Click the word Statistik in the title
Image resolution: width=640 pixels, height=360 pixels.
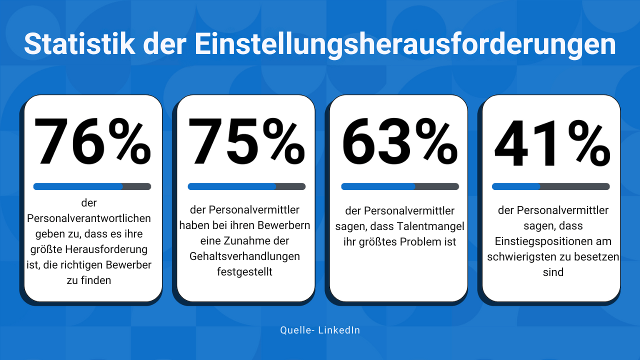(79, 44)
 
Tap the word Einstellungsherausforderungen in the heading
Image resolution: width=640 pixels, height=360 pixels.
(405, 45)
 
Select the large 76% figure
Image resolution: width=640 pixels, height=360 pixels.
(92, 142)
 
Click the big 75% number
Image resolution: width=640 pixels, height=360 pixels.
(246, 142)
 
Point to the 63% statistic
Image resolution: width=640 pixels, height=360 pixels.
(399, 142)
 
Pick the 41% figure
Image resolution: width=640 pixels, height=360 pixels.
(551, 142)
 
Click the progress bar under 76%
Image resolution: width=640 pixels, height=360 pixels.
(92, 186)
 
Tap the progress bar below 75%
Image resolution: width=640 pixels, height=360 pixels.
(246, 186)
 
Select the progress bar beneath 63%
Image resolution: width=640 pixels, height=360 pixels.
(400, 186)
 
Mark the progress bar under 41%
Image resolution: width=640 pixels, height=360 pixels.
(551, 186)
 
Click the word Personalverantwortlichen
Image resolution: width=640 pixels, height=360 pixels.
(89, 218)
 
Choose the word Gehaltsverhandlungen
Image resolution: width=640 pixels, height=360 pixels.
(244, 256)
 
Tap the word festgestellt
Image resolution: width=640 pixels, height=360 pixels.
(244, 272)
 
